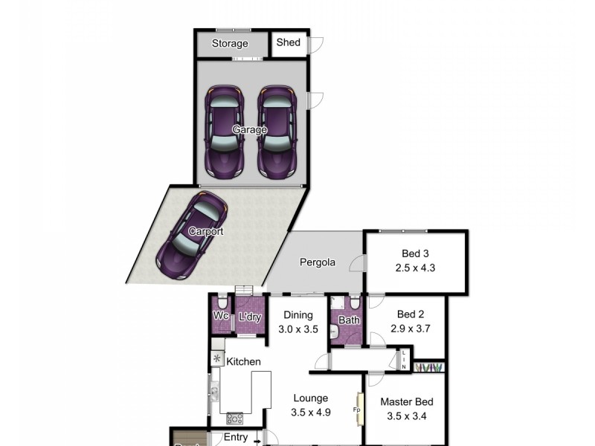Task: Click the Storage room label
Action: (x=229, y=44)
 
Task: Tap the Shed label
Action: (x=288, y=42)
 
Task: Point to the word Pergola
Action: (x=318, y=262)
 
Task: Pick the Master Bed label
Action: (x=406, y=402)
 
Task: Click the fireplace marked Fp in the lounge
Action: (x=357, y=410)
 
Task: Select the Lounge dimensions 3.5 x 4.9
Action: (x=310, y=412)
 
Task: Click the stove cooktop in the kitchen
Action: (x=234, y=417)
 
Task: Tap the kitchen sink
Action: (x=214, y=392)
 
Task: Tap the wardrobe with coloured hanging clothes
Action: (x=430, y=366)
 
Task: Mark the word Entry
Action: (x=236, y=438)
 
